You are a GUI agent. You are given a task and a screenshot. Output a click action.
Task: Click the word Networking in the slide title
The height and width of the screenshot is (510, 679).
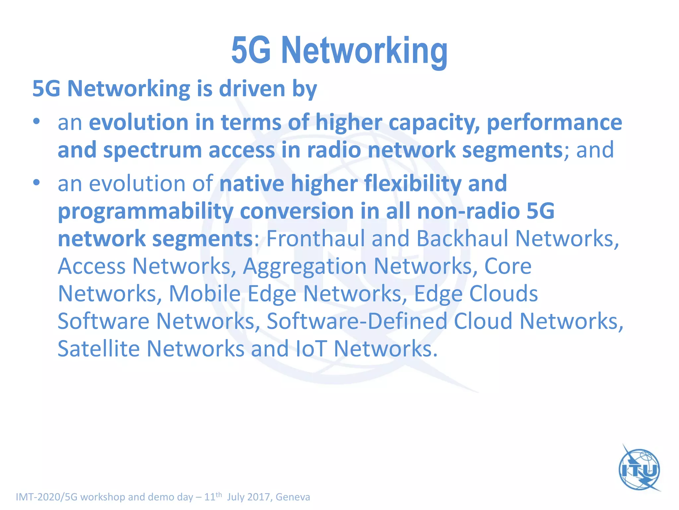pos(364,50)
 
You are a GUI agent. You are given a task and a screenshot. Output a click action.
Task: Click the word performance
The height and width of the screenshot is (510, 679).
pos(554,123)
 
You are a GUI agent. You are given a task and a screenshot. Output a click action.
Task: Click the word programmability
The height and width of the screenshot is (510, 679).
pos(145,212)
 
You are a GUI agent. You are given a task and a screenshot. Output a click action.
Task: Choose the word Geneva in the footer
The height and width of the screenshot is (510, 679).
pos(293,497)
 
